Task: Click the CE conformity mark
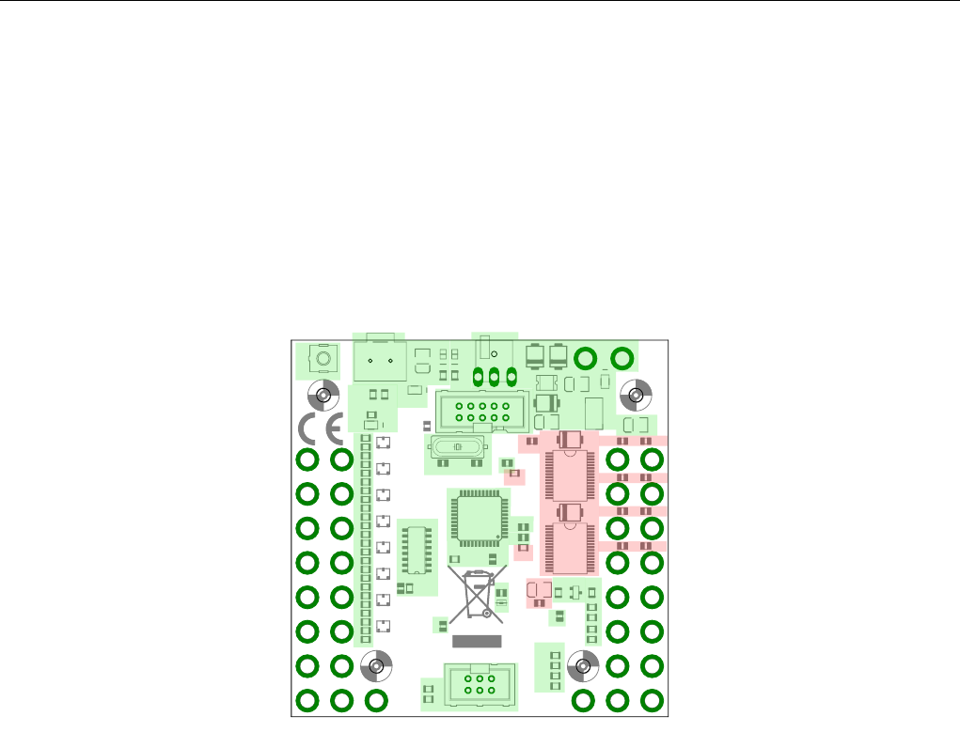pyautogui.click(x=320, y=429)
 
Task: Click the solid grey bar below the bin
pyautogui.click(x=478, y=641)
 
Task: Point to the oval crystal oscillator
pyautogui.click(x=459, y=447)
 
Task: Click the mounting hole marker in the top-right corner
pyautogui.click(x=637, y=395)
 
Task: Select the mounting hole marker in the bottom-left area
pyautogui.click(x=376, y=666)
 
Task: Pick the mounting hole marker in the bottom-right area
pyautogui.click(x=583, y=666)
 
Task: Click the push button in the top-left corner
pyautogui.click(x=323, y=360)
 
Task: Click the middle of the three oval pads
pyautogui.click(x=495, y=377)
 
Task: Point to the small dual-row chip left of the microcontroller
pyautogui.click(x=415, y=550)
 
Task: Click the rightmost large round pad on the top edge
pyautogui.click(x=622, y=358)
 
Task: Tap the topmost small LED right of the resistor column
pyautogui.click(x=383, y=443)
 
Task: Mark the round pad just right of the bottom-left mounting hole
pyautogui.click(x=376, y=699)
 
